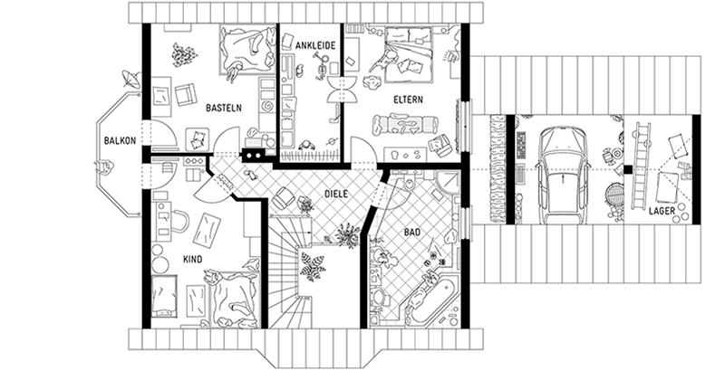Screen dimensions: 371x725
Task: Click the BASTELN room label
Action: pyautogui.click(x=223, y=107)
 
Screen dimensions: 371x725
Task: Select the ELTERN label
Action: pyautogui.click(x=410, y=99)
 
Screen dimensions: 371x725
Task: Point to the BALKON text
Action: pyautogui.click(x=120, y=141)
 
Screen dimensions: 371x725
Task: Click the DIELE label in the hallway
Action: pyautogui.click(x=336, y=193)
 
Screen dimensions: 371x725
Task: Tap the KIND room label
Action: pyautogui.click(x=192, y=260)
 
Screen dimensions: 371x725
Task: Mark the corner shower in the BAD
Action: pyautogui.click(x=447, y=185)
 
